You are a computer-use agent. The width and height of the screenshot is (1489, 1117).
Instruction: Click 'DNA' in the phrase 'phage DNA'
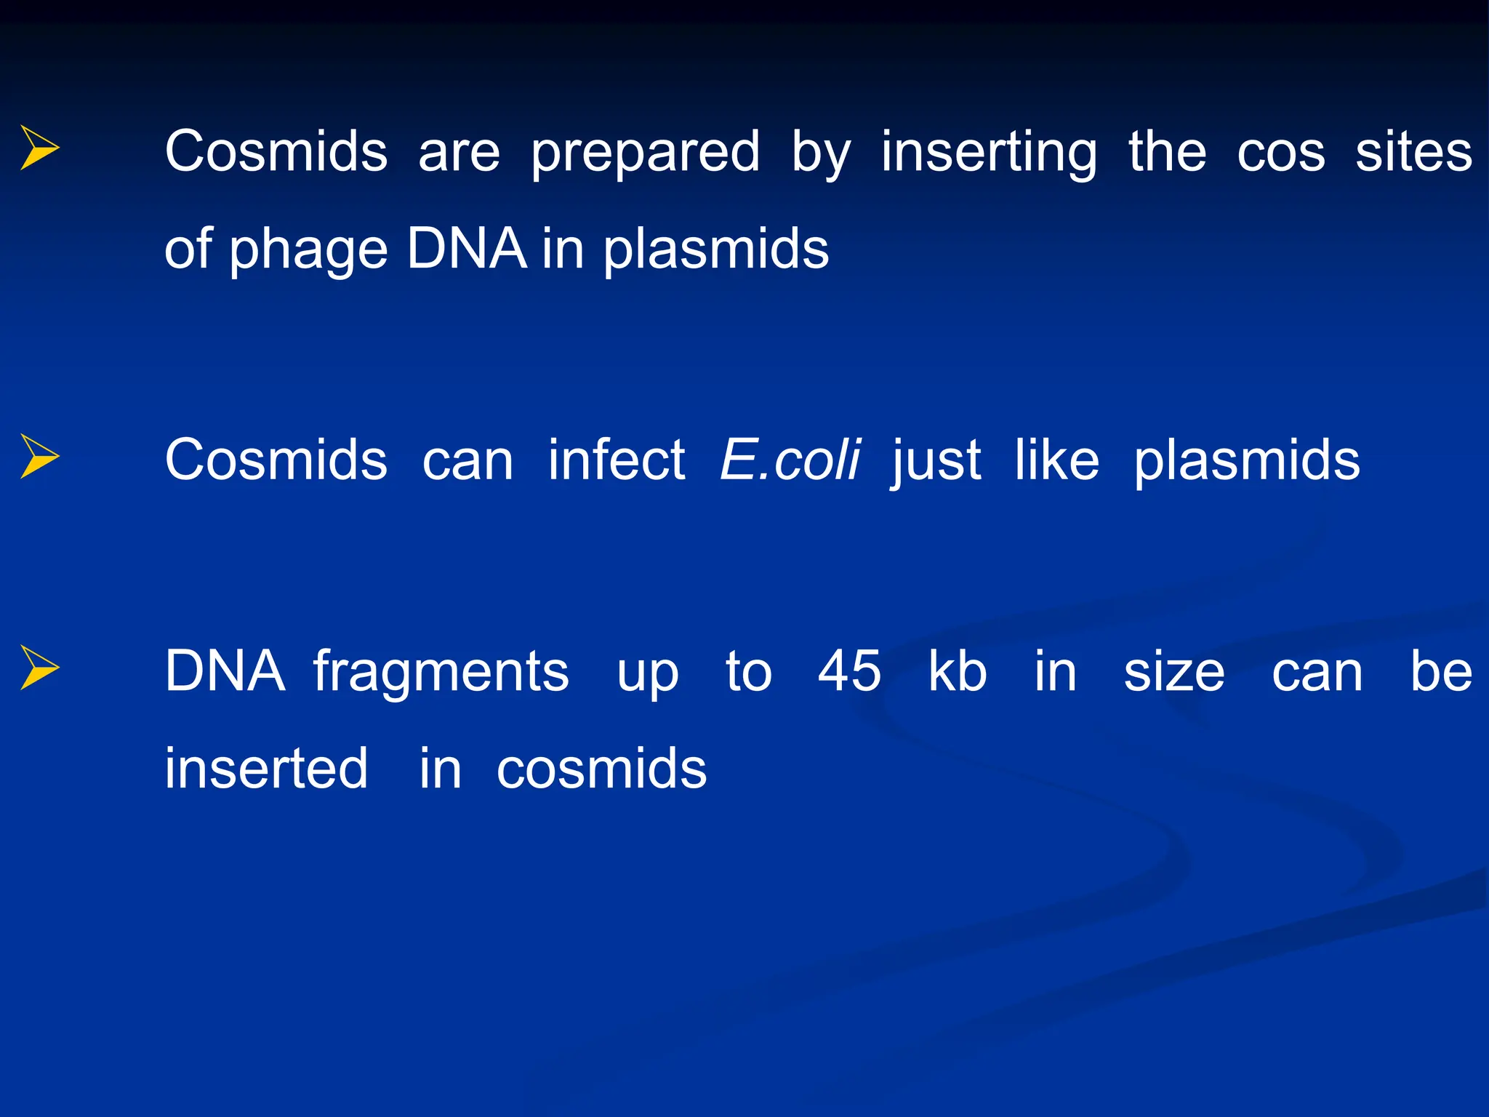pyautogui.click(x=466, y=249)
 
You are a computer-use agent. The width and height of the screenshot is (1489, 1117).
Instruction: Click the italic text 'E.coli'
pyautogui.click(x=790, y=460)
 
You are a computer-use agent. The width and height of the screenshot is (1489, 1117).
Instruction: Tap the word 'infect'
pyautogui.click(x=617, y=460)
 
